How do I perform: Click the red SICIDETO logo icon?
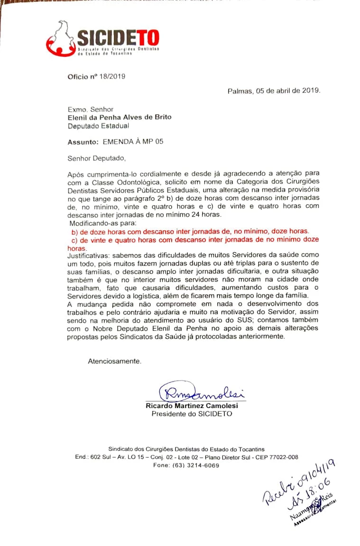pos(59,39)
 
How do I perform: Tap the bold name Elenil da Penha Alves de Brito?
pos(120,117)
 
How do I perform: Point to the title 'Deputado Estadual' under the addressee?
pos(98,126)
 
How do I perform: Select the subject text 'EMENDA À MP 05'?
pos(133,141)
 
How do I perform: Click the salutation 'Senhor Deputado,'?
pos(97,158)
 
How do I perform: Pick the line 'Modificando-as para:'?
pos(102,223)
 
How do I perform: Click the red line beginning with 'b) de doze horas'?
pos(190,231)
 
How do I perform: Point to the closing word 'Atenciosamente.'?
pos(114,361)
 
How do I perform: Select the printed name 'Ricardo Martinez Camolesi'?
pos(192,406)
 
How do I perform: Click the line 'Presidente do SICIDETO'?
pos(192,414)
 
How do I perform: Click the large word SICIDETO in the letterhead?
pos(118,37)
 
